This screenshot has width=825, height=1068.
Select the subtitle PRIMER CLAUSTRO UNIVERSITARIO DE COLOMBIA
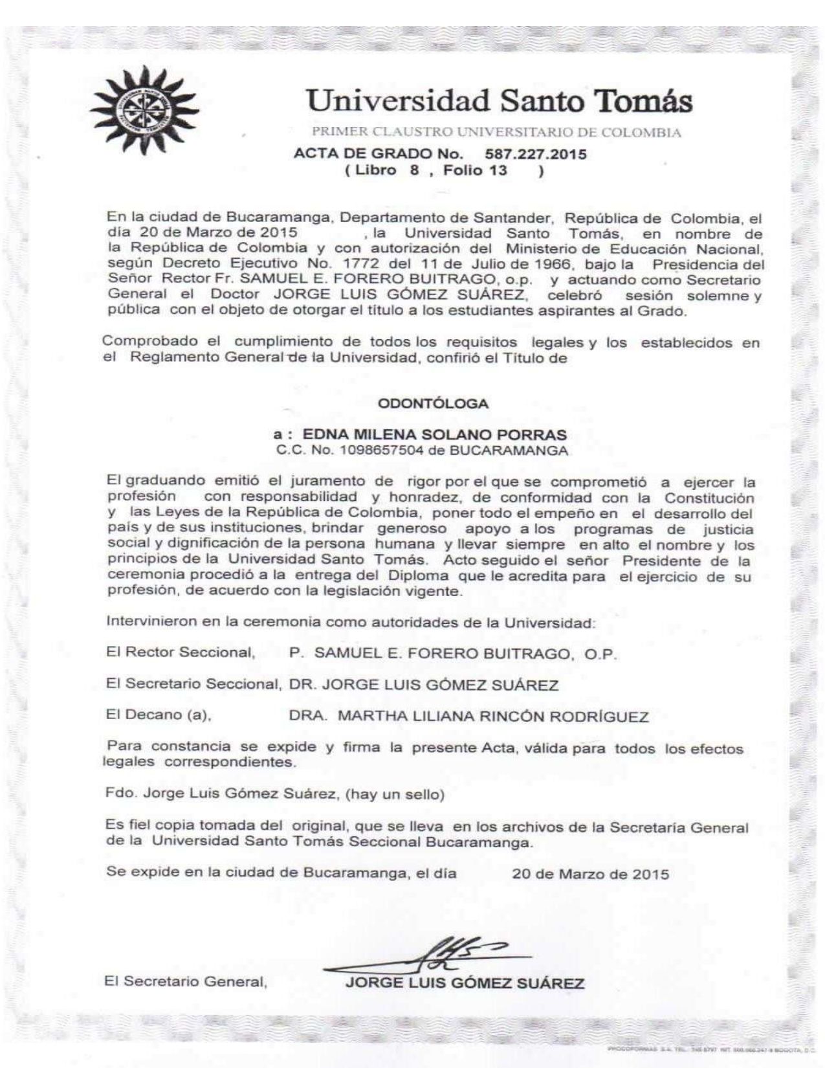pyautogui.click(x=496, y=133)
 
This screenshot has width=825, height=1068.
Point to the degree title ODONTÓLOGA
pyautogui.click(x=433, y=403)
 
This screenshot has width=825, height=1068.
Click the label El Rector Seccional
pyautogui.click(x=180, y=653)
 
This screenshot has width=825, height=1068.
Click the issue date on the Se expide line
pyautogui.click(x=590, y=874)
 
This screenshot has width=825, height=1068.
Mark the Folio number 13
pyautogui.click(x=498, y=171)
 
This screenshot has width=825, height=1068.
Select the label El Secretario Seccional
pyautogui.click(x=192, y=685)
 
